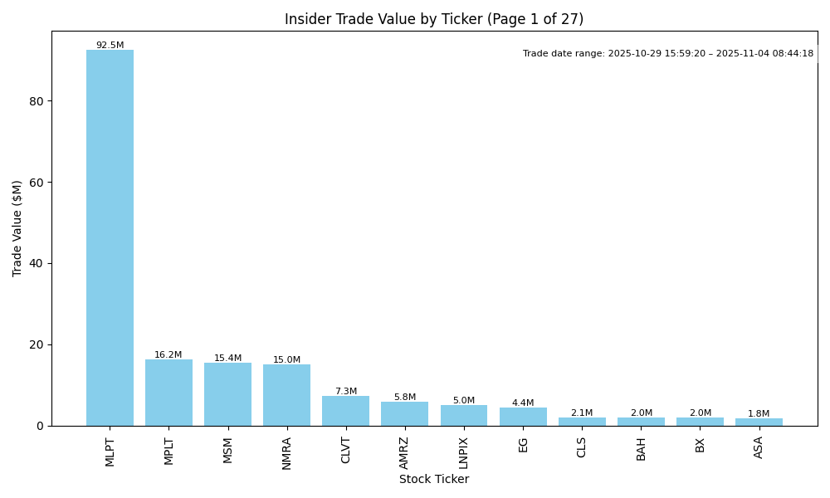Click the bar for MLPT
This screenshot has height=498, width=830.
pos(110,237)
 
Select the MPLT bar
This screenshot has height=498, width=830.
pos(168,393)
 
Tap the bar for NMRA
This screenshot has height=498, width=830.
pos(286,395)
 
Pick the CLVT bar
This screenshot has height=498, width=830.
pos(345,411)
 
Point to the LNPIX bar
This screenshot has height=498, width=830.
pos(463,415)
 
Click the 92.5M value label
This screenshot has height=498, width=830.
pos(110,46)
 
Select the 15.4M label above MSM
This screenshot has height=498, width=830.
pos(227,359)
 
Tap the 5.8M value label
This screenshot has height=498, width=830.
pos(404,398)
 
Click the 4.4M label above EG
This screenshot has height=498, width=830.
pos(523,403)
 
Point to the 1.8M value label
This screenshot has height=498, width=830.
pos(759,414)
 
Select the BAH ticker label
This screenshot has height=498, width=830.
pos(641,448)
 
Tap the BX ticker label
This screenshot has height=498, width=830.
pos(700,444)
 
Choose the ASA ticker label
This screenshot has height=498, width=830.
pos(759,447)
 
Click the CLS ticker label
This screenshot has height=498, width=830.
pos(582,447)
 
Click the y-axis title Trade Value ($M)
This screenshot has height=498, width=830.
pos(17,228)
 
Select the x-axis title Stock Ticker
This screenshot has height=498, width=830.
pos(434,479)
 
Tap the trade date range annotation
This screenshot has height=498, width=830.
pos(668,54)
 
